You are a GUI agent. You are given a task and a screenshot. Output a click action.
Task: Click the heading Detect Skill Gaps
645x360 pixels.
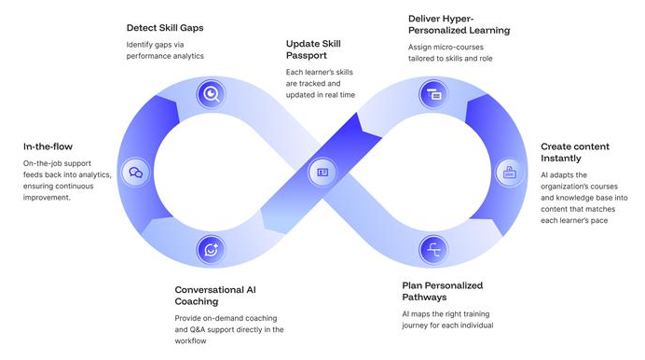point(165,27)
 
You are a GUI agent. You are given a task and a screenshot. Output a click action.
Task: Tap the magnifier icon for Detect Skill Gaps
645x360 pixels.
point(212,93)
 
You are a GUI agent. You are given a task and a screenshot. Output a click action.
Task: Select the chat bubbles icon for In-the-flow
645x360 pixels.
point(136,173)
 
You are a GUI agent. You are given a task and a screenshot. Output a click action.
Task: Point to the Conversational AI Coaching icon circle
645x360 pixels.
point(212,249)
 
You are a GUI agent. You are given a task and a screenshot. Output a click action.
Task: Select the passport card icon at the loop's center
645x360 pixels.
point(322,172)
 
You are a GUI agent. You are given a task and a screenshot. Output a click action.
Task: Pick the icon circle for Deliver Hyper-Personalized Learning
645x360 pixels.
point(433,93)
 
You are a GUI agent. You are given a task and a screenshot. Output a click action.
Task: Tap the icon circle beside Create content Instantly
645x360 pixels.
point(510,172)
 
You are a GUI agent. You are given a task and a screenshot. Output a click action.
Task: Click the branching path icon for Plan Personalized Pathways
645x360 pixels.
point(433,249)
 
